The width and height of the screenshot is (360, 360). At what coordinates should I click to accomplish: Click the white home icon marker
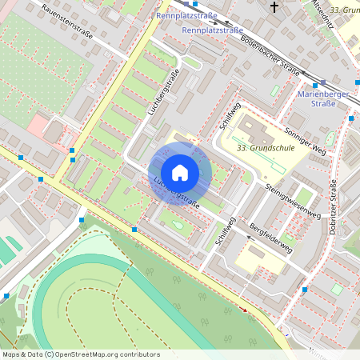point(180,173)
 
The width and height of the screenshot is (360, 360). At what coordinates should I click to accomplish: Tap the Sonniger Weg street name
point(303,139)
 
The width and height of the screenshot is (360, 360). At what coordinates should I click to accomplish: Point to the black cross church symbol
point(274,7)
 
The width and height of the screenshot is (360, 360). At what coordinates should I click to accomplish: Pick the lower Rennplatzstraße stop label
point(213,30)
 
